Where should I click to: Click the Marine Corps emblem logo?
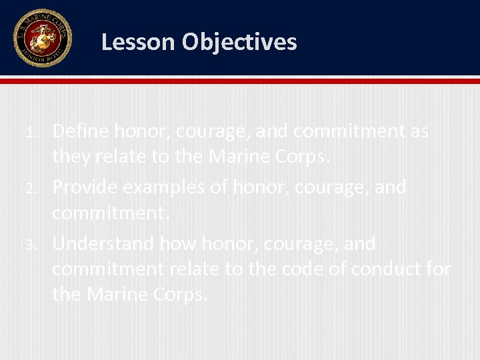(42, 38)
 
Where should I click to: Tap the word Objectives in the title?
(239, 42)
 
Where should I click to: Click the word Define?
(81, 131)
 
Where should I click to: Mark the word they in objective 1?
(72, 157)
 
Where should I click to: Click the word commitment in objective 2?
(109, 213)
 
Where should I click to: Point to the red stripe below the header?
(240, 81)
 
